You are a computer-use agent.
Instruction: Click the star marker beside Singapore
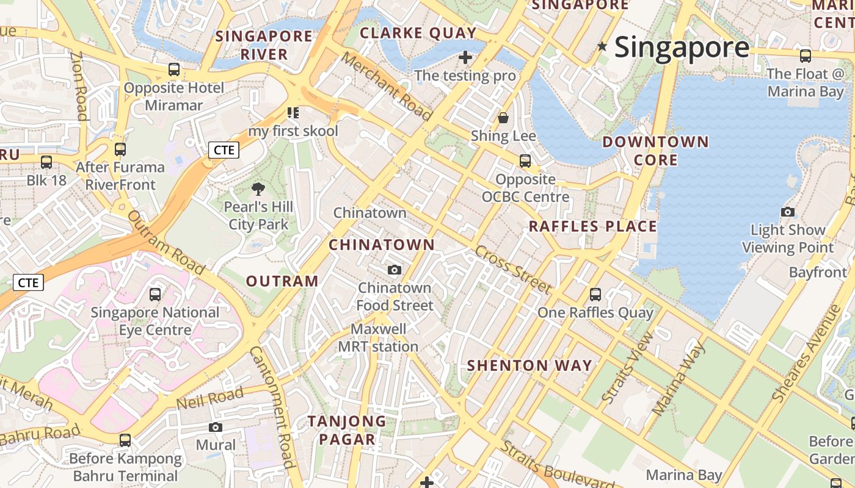click(603, 46)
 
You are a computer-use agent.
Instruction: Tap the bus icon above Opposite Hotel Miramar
click(174, 70)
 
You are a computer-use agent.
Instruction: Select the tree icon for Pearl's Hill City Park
click(258, 189)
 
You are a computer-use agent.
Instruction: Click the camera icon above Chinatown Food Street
click(395, 270)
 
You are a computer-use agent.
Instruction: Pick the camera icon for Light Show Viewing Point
click(788, 212)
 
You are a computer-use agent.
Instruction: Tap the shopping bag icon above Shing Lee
click(503, 118)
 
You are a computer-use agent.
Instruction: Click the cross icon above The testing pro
click(465, 58)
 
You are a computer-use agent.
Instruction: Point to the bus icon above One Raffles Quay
click(595, 295)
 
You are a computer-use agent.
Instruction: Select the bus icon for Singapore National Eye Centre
click(155, 295)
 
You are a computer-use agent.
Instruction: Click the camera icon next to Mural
click(215, 427)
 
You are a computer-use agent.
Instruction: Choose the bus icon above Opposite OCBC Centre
click(525, 162)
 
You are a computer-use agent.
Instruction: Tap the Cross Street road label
click(513, 269)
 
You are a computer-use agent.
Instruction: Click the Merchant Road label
click(387, 86)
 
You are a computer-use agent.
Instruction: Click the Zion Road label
click(79, 85)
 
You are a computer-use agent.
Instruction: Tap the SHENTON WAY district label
click(529, 366)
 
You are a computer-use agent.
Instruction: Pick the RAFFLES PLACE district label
click(592, 227)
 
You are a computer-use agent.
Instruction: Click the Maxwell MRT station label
click(379, 338)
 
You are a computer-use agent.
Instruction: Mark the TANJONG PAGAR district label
click(347, 430)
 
